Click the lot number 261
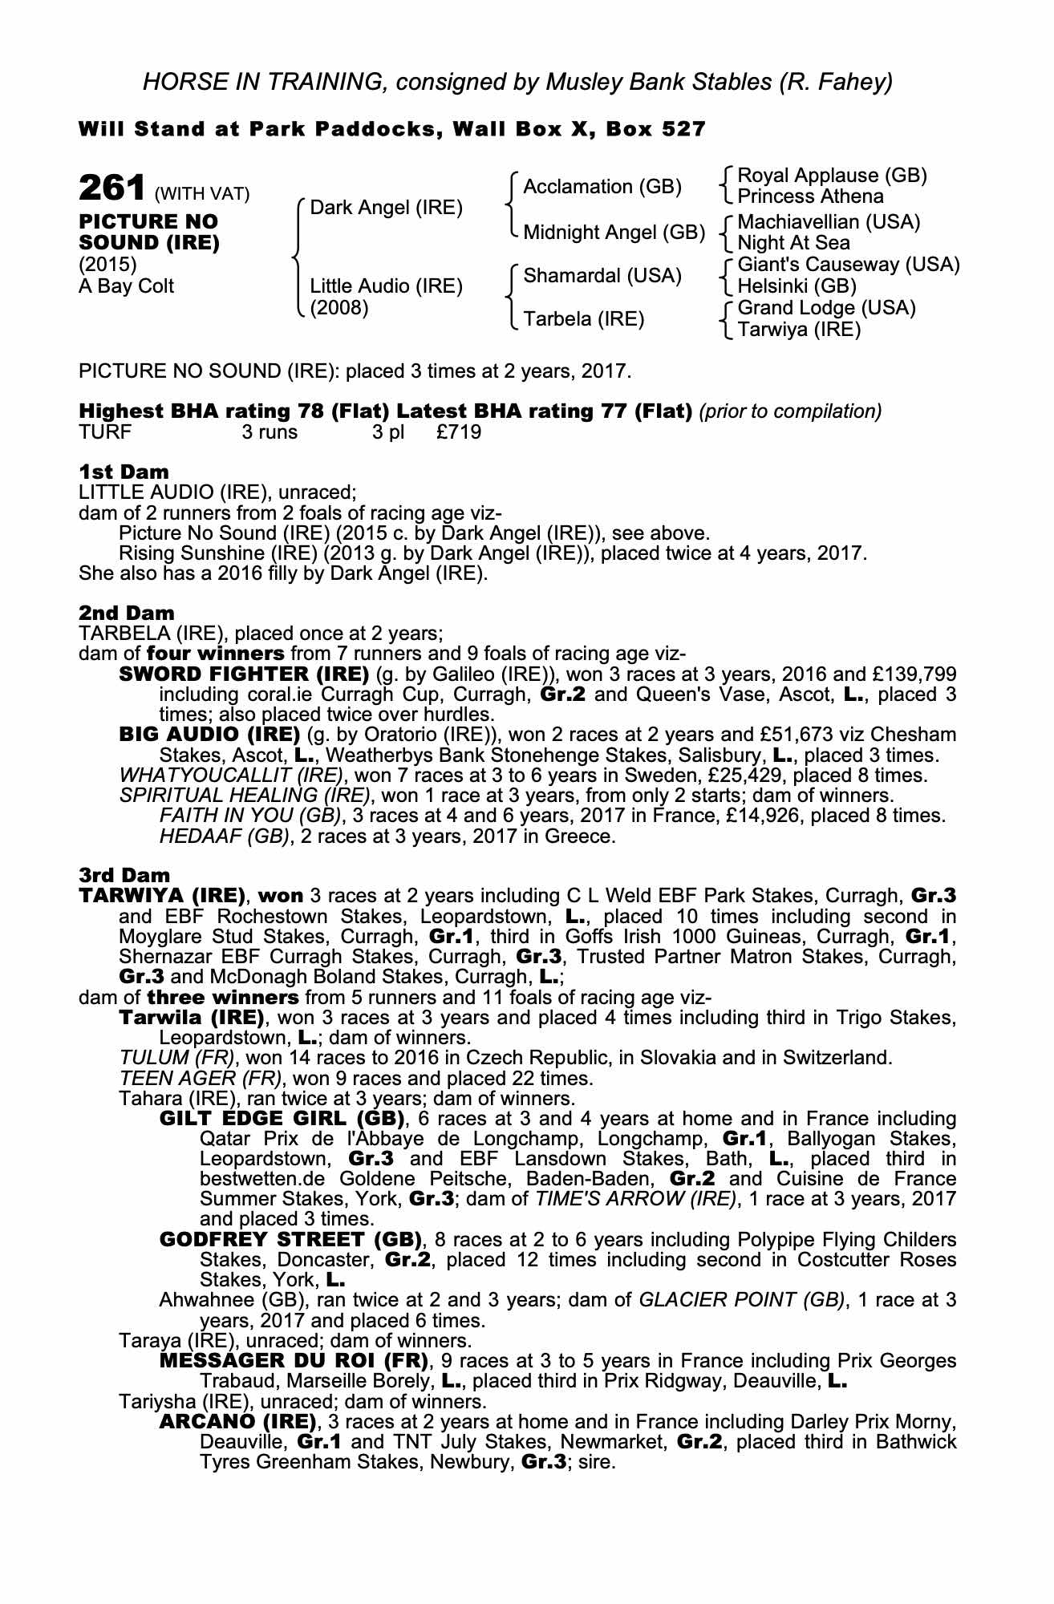(x=111, y=189)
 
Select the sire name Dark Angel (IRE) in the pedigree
(x=386, y=208)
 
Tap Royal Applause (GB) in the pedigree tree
(x=832, y=176)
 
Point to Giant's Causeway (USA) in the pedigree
(x=848, y=265)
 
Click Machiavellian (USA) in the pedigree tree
(x=829, y=221)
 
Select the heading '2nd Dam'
(x=127, y=614)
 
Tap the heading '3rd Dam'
(x=124, y=875)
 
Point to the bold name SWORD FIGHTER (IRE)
(x=244, y=674)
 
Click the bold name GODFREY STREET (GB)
(x=291, y=1239)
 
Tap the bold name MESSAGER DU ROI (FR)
(x=294, y=1360)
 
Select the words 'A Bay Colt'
(x=126, y=286)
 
